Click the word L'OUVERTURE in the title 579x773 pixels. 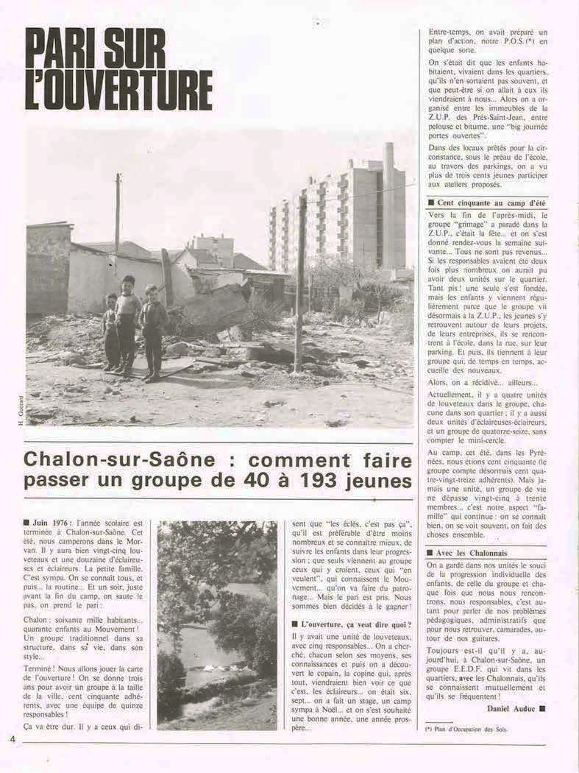pos(118,91)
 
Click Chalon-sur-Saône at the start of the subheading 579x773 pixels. pos(119,459)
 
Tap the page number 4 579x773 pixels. pos(13,738)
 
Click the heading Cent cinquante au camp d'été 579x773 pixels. pos(490,202)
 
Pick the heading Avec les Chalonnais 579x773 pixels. pos(472,553)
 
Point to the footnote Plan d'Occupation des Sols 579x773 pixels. pos(472,730)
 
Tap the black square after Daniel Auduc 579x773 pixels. pos(543,708)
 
